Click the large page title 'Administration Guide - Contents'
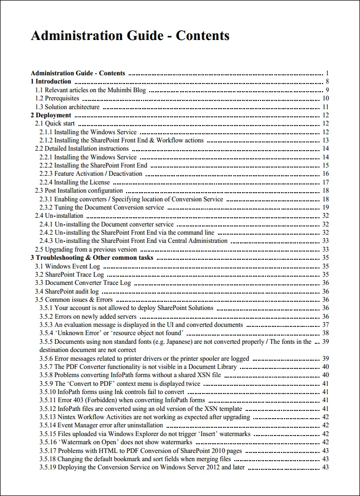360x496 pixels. [130, 36]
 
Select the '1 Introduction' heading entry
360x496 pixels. [51, 81]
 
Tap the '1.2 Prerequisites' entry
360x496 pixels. [57, 98]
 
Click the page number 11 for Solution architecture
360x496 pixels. [325, 107]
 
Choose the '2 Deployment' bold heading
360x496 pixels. [50, 115]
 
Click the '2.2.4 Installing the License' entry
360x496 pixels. [74, 182]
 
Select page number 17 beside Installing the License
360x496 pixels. [325, 182]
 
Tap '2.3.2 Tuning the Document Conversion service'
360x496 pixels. [102, 208]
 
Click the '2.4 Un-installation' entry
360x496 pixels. [59, 216]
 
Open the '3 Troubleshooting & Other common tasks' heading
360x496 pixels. [92, 258]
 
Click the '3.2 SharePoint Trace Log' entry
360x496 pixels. [69, 275]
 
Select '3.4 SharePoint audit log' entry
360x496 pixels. [67, 292]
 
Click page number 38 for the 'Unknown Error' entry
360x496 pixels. [325, 333]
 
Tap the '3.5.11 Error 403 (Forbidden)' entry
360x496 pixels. [122, 400]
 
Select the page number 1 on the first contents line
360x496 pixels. [327, 73]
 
